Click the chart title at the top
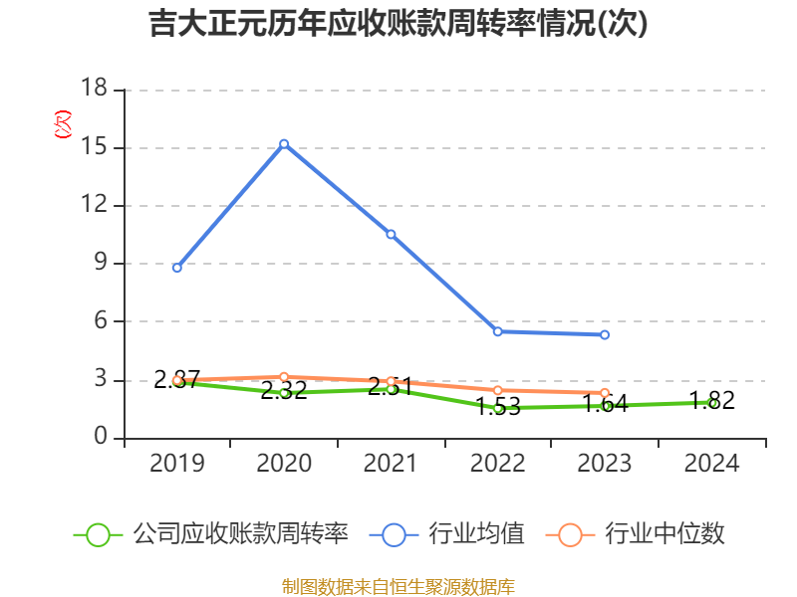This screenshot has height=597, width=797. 398,24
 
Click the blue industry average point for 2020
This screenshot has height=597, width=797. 284,143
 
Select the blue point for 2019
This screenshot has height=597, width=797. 177,268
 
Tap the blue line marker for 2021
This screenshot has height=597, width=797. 391,235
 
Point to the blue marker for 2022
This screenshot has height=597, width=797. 498,331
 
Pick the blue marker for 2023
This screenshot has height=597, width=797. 605,335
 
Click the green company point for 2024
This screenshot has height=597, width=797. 712,403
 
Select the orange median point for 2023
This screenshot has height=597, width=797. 605,393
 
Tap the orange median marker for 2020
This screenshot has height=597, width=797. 284,376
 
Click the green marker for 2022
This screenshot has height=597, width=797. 498,408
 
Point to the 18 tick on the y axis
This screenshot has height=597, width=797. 94,90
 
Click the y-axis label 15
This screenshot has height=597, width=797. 94,147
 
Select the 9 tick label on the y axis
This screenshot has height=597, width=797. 101,264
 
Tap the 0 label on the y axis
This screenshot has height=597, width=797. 101,438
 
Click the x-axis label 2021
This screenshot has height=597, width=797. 391,464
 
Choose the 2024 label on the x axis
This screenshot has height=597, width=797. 712,464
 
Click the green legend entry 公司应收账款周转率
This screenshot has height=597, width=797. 240,534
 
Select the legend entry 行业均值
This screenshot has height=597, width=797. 476,534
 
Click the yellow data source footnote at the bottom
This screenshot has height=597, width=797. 398,586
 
